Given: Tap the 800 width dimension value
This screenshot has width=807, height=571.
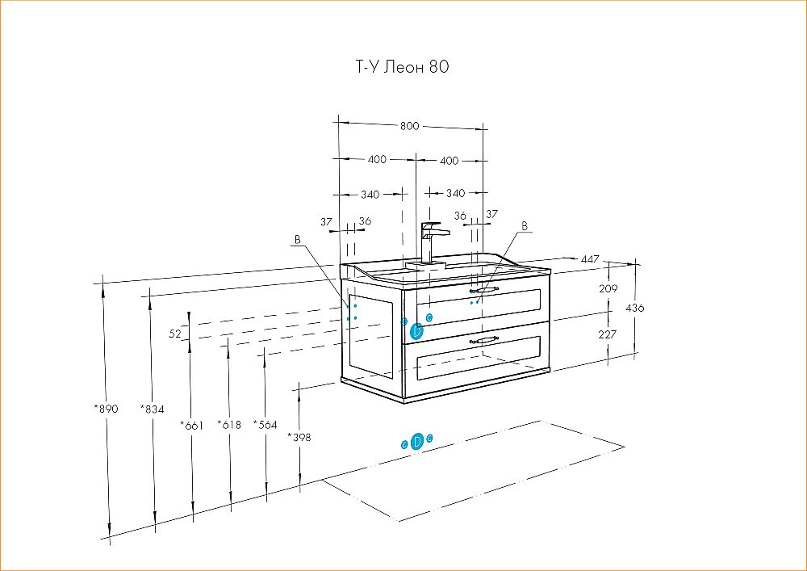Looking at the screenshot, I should pyautogui.click(x=410, y=126).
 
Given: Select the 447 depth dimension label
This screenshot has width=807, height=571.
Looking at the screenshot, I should pyautogui.click(x=590, y=258).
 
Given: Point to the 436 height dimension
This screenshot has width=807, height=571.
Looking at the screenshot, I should pyautogui.click(x=636, y=308).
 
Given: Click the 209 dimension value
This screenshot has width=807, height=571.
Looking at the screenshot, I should pyautogui.click(x=609, y=288).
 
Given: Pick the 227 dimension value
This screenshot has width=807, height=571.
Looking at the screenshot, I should pyautogui.click(x=609, y=334).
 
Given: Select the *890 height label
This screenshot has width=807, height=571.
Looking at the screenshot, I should pyautogui.click(x=106, y=409).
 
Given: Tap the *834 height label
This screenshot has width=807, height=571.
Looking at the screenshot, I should pyautogui.click(x=152, y=409).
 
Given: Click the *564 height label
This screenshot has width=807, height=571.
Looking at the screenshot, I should pyautogui.click(x=266, y=425).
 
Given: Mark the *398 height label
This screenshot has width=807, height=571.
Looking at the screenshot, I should pyautogui.click(x=299, y=437).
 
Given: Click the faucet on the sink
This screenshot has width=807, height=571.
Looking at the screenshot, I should pyautogui.click(x=432, y=241).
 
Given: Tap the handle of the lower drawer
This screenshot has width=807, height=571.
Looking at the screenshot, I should pyautogui.click(x=484, y=339).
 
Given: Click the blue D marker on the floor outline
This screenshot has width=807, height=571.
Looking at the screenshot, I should pyautogui.click(x=417, y=441).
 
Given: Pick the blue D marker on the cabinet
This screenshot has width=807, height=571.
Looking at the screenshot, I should pyautogui.click(x=417, y=330).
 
